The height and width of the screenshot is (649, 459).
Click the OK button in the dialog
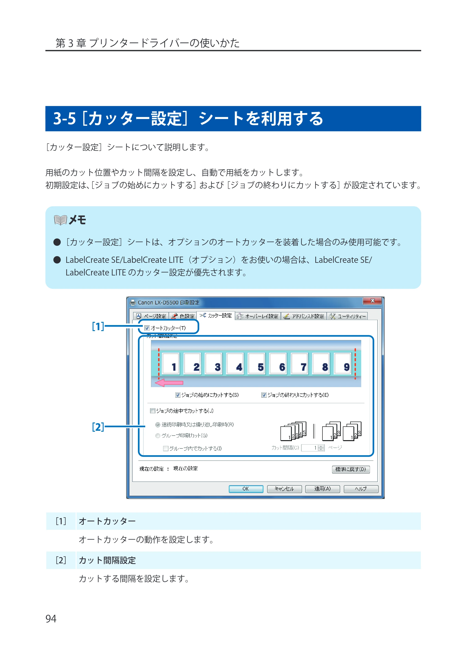[246, 489]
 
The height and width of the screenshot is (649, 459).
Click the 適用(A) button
[322, 489]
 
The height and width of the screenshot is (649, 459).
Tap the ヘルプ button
[361, 489]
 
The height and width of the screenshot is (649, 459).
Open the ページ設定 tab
[151, 316]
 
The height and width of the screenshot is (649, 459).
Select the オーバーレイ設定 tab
[258, 316]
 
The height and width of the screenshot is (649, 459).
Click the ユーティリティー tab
[348, 316]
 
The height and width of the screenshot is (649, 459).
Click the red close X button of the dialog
[372, 301]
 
